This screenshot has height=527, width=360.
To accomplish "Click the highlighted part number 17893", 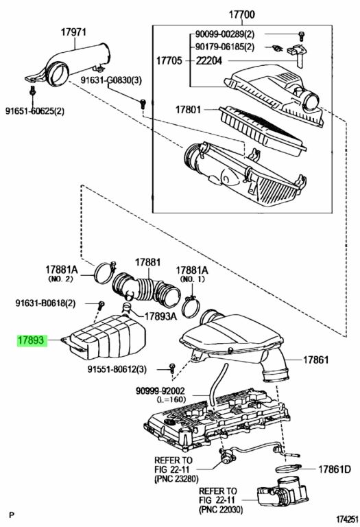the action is pyautogui.click(x=31, y=340).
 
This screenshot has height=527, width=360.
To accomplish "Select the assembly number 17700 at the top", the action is pyautogui.click(x=242, y=14).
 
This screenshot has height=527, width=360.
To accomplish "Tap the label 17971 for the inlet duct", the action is pyautogui.click(x=73, y=32).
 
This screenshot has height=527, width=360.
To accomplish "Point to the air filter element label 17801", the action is pyautogui.click(x=188, y=110).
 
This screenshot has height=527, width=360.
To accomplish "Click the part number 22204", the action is pyautogui.click(x=209, y=60).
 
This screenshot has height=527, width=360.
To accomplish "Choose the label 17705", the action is pyautogui.click(x=169, y=60).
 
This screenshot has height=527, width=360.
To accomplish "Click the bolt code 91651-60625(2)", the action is pyautogui.click(x=35, y=110).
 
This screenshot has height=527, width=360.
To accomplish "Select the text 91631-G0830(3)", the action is pyautogui.click(x=111, y=80).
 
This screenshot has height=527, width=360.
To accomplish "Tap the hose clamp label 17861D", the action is pyautogui.click(x=334, y=469).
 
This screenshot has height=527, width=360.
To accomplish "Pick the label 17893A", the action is pyautogui.click(x=160, y=316).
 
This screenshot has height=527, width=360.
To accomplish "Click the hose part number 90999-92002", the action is pyautogui.click(x=160, y=391).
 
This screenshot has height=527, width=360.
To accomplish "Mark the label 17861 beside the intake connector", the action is pyautogui.click(x=316, y=360).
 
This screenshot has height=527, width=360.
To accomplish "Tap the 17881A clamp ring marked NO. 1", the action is pyautogui.click(x=192, y=306).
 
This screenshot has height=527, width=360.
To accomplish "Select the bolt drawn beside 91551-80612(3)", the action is pyautogui.click(x=172, y=368).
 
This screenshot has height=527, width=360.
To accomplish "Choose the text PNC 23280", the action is pyautogui.click(x=176, y=478).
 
